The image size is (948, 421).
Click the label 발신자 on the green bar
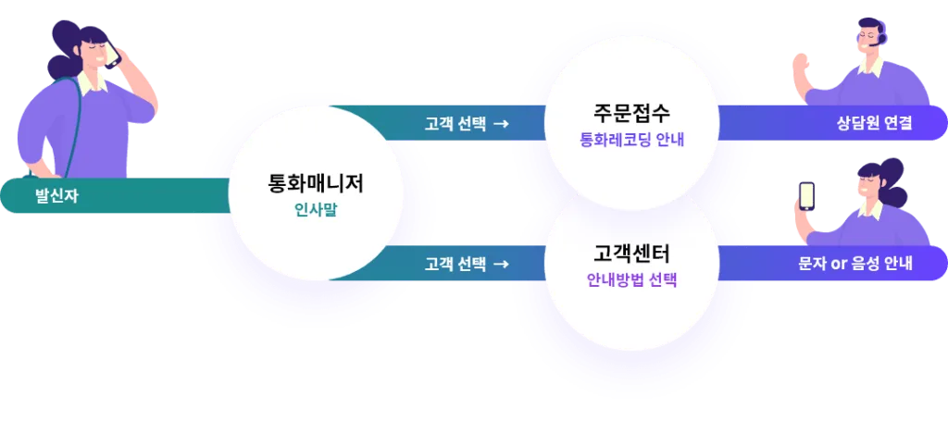pyautogui.click(x=56, y=196)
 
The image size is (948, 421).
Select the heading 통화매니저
pyautogui.click(x=316, y=183)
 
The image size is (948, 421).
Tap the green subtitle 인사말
pyautogui.click(x=316, y=210)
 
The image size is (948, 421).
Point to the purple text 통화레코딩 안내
pyautogui.click(x=631, y=140)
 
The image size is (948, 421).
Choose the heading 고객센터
pyautogui.click(x=631, y=254)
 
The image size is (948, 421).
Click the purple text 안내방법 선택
pyautogui.click(x=631, y=280)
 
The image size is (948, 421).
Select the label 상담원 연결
pyautogui.click(x=874, y=123)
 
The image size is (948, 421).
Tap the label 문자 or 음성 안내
pyautogui.click(x=854, y=264)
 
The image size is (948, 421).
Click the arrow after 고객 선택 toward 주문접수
pyautogui.click(x=501, y=124)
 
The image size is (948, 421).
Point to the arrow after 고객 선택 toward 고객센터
pyautogui.click(x=501, y=264)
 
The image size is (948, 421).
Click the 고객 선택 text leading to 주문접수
pyautogui.click(x=455, y=124)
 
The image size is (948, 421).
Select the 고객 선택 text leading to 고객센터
pyautogui.click(x=455, y=264)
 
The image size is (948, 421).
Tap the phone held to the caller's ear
pyautogui.click(x=112, y=56)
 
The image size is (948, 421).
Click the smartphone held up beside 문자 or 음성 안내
pyautogui.click(x=806, y=196)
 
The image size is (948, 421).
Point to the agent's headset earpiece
pyautogui.click(x=882, y=39)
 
